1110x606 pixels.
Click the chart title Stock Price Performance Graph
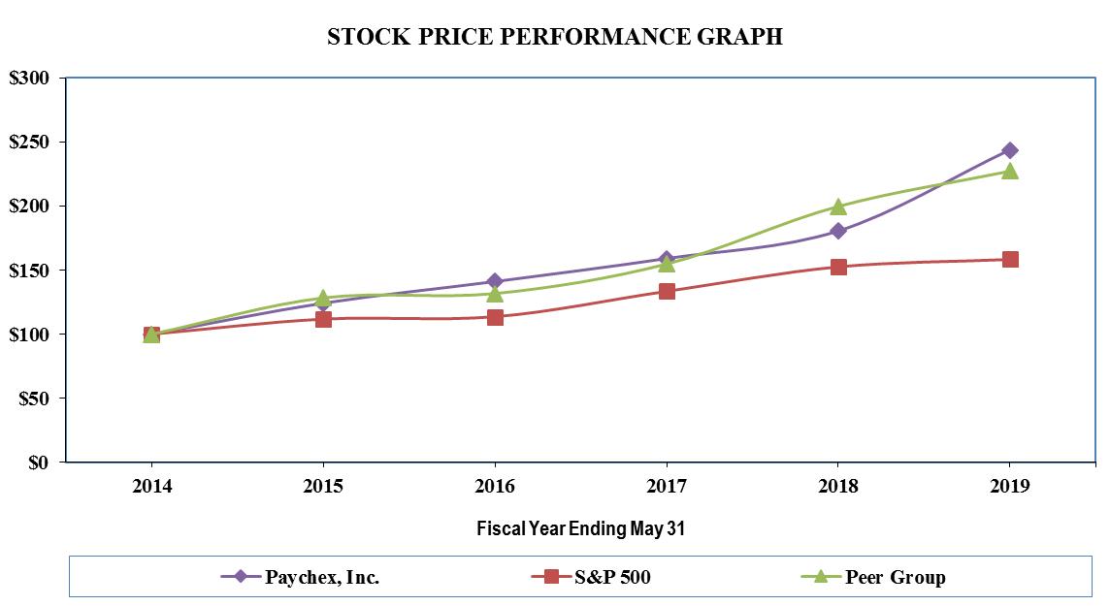pyautogui.click(x=554, y=37)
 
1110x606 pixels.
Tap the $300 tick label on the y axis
pyautogui.click(x=36, y=79)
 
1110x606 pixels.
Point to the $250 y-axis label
pyautogui.click(x=36, y=143)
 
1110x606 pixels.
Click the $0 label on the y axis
pyautogui.click(x=46, y=462)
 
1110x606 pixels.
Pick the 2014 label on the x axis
pyautogui.click(x=151, y=487)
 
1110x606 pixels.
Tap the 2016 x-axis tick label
pyautogui.click(x=495, y=487)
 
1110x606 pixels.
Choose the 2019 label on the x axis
pyautogui.click(x=1010, y=487)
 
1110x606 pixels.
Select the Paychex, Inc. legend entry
pyautogui.click(x=301, y=577)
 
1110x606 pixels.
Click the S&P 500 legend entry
pyautogui.click(x=591, y=577)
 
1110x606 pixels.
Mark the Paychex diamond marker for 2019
pyautogui.click(x=1010, y=150)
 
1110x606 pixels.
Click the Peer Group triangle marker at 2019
pyautogui.click(x=1010, y=171)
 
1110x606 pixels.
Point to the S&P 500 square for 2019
pyautogui.click(x=1010, y=259)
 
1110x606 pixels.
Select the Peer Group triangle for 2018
pyautogui.click(x=838, y=207)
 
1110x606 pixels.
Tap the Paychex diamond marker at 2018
pyautogui.click(x=838, y=231)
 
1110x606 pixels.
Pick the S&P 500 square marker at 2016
pyautogui.click(x=495, y=317)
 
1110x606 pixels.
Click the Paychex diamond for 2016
pyautogui.click(x=495, y=281)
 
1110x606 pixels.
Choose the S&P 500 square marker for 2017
pyautogui.click(x=667, y=291)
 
